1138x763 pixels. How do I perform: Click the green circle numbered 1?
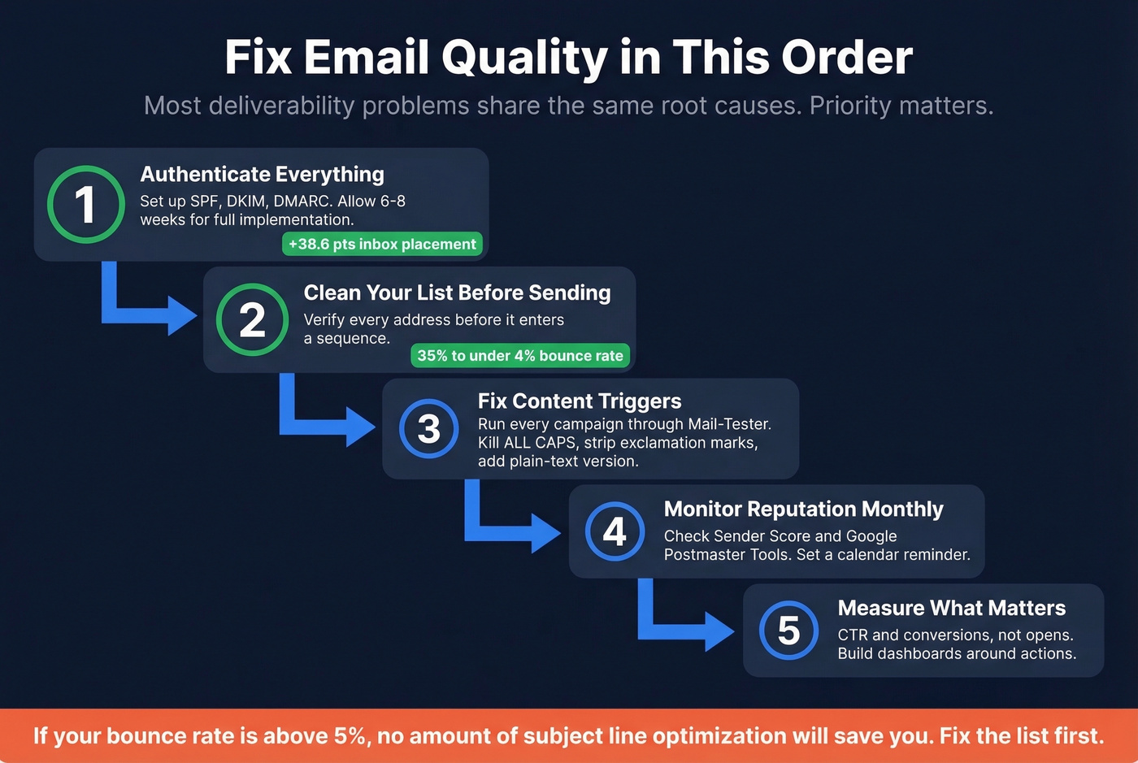pos(85,204)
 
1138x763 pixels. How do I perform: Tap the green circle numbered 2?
pos(252,319)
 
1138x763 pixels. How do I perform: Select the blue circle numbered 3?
pos(428,428)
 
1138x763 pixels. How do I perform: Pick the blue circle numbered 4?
pos(615,531)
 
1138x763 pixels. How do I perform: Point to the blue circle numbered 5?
pos(788,630)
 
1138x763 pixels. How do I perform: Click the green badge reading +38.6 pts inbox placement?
pos(382,244)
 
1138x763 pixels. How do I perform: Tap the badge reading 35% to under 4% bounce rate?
pos(520,355)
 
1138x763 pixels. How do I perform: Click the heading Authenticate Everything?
pos(262,174)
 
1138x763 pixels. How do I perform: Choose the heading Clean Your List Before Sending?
pos(457,293)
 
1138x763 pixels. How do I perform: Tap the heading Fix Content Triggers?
pos(580,401)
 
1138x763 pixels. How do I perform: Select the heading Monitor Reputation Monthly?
pos(803,509)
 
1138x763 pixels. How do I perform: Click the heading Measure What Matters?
pos(951,608)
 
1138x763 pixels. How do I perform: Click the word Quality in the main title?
pos(524,58)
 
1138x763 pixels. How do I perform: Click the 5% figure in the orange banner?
pos(350,736)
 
